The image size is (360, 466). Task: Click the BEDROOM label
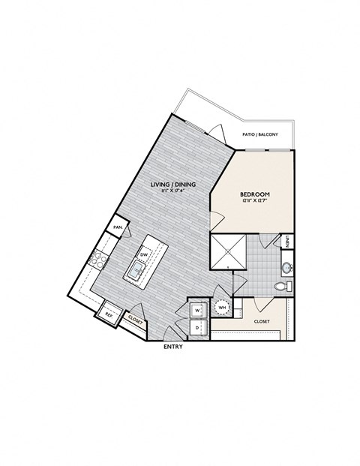point(256,194)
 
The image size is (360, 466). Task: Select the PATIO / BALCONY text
point(260,134)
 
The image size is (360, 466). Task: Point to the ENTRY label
point(173,347)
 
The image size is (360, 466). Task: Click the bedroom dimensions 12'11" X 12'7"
point(256,202)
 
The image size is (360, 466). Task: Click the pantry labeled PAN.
point(118,227)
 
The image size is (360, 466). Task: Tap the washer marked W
point(197,308)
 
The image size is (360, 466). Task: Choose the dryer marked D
point(197,327)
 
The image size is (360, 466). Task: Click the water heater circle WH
point(223,307)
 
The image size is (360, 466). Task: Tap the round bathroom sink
point(286,267)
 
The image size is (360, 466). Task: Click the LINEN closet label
point(289,241)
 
